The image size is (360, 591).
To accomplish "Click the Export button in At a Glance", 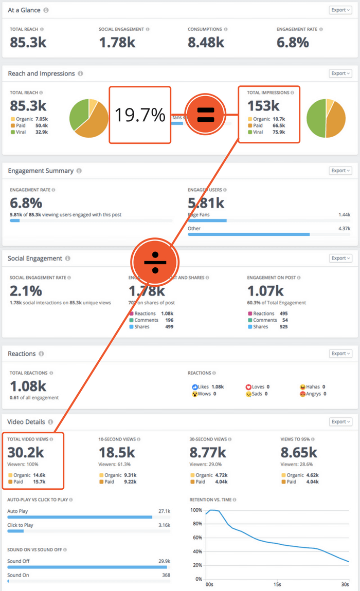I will coord(340,10).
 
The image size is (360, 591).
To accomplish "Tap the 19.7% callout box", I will coord(139,115).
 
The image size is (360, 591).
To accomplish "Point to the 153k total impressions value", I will coord(263,106).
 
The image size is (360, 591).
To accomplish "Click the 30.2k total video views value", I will coord(26,452).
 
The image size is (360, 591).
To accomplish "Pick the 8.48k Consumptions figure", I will coord(206,42).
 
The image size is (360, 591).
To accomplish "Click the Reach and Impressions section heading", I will coord(41,73).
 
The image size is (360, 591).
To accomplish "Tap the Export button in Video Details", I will coord(340,422).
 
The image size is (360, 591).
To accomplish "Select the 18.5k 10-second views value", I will coord(117,452).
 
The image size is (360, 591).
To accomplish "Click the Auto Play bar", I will coord(80,517).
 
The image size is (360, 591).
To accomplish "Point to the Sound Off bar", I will coord(87,567).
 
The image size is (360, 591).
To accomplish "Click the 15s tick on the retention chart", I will coord(278,584).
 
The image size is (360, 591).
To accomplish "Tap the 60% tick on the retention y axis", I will coord(196,538).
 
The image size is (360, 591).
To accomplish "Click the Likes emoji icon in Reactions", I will coord(195,386).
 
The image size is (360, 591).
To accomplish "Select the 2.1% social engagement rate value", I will coord(26,290).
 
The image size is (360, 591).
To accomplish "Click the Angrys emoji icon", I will coord(302,394).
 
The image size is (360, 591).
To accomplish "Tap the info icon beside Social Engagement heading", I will coord(68,258).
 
